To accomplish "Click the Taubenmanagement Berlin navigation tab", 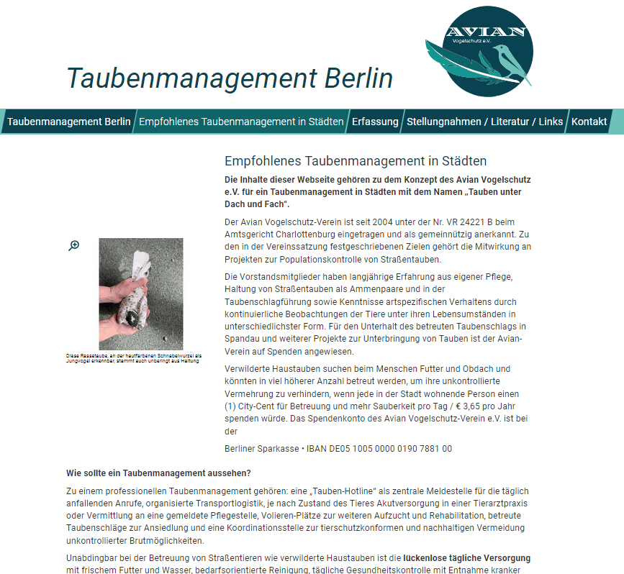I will click(68, 122).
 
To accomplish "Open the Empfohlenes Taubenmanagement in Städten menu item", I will click(241, 122).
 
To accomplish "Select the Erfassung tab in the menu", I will click(375, 122).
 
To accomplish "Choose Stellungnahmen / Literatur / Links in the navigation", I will click(484, 122).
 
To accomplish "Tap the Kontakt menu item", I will click(589, 122).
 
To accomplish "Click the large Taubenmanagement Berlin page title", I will click(230, 78).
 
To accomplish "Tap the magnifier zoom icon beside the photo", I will click(74, 246).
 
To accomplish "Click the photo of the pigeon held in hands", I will click(141, 293).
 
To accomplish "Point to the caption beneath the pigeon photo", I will click(134, 358).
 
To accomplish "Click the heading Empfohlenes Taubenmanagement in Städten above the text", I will click(356, 161).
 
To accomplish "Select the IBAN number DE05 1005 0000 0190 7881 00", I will click(379, 449).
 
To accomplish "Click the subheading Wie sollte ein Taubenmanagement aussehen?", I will click(158, 473).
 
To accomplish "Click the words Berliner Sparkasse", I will click(261, 449).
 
